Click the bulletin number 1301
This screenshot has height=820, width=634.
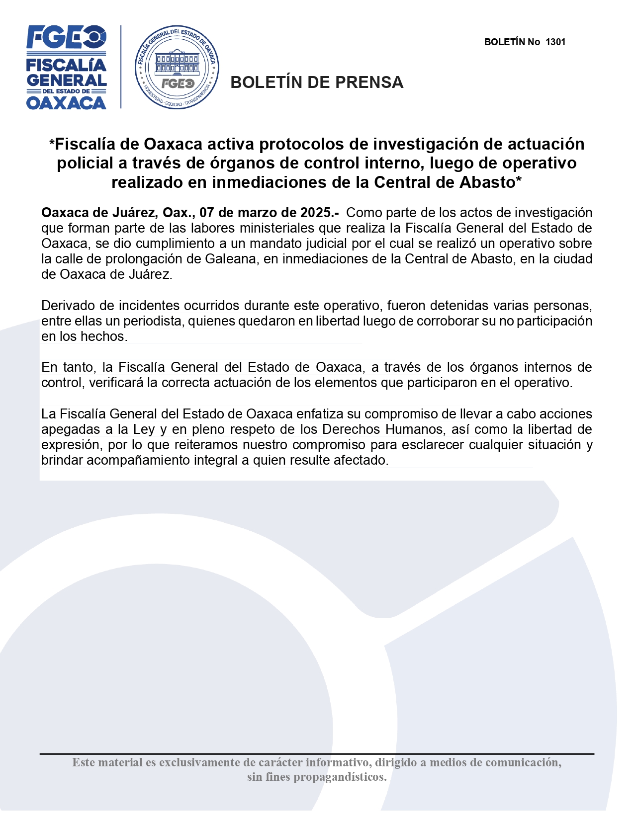pyautogui.click(x=555, y=42)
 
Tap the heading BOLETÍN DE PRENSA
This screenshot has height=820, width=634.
pyautogui.click(x=317, y=82)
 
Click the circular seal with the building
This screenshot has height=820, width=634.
pyautogui.click(x=177, y=68)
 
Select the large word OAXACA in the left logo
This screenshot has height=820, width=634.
pyautogui.click(x=66, y=103)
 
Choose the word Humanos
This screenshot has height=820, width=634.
pyautogui.click(x=414, y=429)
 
